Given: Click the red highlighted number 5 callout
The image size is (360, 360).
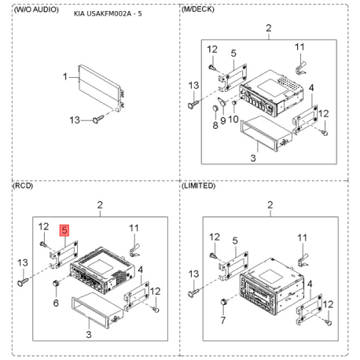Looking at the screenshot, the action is tap(64, 230).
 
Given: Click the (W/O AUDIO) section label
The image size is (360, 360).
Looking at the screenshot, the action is tap(36, 9).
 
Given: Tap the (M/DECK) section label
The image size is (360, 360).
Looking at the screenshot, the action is tap(198, 9).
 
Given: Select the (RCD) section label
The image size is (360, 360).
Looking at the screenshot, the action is tap(23, 186).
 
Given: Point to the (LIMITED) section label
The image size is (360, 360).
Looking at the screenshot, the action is tap(199, 186).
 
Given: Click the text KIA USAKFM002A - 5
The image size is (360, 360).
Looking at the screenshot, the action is tap(108, 13).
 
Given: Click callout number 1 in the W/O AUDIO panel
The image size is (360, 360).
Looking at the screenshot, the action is tap(65, 77).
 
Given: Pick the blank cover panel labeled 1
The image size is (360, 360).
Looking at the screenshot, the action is tap(101, 86).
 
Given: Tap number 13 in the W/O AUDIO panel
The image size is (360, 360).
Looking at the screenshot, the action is tap(75, 120).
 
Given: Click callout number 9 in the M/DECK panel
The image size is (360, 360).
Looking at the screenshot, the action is tap(223, 121).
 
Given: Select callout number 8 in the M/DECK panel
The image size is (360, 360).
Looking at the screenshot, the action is tap(215, 125).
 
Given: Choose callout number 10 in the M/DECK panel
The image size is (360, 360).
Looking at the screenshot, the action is tap(233, 119).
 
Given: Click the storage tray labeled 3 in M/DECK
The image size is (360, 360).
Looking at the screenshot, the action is tap(266, 132).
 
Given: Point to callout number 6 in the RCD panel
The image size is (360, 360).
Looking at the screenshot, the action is tap(56, 303).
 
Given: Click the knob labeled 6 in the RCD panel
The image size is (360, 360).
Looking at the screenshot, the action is tap(56, 284).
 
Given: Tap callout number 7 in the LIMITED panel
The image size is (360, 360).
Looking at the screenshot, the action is tap(223, 320).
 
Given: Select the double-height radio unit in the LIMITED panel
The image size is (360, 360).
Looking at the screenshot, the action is tap(272, 286).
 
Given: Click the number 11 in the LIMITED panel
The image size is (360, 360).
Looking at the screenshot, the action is tap(302, 238).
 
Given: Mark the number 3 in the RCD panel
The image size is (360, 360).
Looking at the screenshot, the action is tap(89, 334).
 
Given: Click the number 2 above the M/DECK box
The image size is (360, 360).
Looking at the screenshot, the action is tap(269, 28).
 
